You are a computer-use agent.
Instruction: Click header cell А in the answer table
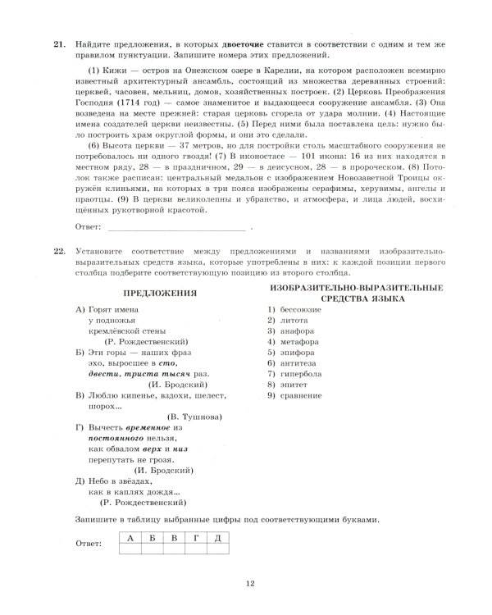point(130,538)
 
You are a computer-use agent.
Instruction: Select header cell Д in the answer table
point(217,538)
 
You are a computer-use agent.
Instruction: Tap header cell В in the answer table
point(174,538)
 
